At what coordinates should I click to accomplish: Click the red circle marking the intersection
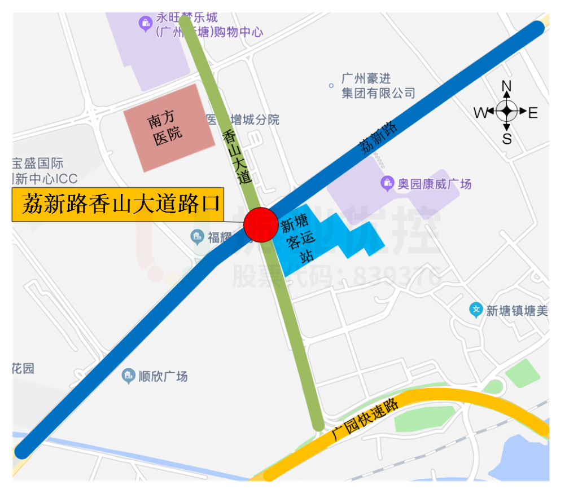tap(261, 224)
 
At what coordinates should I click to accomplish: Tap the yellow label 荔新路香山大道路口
tap(119, 204)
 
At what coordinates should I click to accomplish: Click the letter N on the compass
tap(506, 86)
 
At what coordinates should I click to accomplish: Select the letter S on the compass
tap(507, 138)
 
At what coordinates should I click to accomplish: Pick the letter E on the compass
tap(533, 113)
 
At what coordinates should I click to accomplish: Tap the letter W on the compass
tap(480, 113)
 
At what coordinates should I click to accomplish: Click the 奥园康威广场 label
tap(434, 184)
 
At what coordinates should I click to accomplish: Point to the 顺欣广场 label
tap(163, 376)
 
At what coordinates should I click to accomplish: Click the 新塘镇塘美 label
tap(516, 311)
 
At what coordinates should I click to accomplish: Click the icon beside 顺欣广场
tap(129, 376)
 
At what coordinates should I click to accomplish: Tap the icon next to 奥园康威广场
tap(387, 183)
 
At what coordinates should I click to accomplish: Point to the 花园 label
tap(23, 368)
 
